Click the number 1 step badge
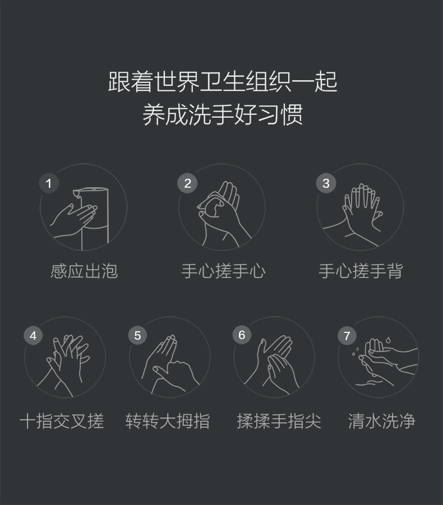pos(49,183)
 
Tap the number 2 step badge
pos(187,183)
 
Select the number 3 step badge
pos(326,183)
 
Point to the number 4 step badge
pos(33,336)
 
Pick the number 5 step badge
pos(137,336)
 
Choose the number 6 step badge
pos(242,335)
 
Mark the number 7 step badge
pos(347,336)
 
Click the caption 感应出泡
pos(84,271)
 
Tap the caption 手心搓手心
pos(223,271)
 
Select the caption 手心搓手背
pos(361,271)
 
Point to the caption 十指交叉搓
pos(62,421)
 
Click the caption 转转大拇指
pos(168,421)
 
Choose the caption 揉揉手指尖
pos(279,421)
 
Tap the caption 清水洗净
pos(382,421)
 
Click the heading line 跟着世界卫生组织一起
pos(223,82)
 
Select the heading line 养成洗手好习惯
pos(223,114)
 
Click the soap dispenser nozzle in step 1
pos(77,193)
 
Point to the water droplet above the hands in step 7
pos(388,340)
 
